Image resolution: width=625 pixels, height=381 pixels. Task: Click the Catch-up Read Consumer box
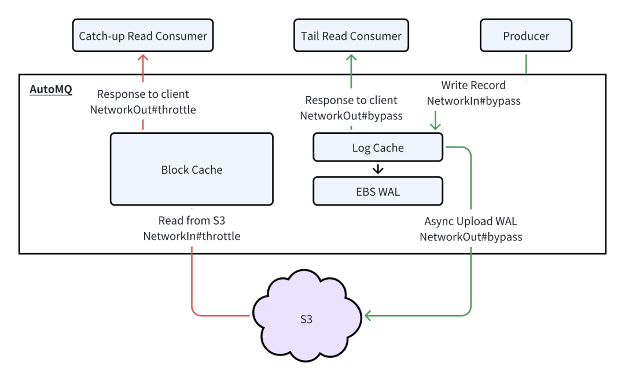coord(143,35)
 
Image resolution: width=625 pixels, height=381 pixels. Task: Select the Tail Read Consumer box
coord(351,35)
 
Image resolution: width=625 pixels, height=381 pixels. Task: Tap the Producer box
coord(526,35)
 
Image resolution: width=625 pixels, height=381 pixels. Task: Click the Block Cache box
coord(192,169)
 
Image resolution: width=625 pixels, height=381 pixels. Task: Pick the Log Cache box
coord(378,147)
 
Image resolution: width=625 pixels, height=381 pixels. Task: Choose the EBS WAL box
coord(378,191)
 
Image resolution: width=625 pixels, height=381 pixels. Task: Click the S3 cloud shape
coord(307,316)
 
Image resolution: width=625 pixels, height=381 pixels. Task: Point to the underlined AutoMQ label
coord(51,89)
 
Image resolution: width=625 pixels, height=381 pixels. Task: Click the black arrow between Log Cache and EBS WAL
coord(378,169)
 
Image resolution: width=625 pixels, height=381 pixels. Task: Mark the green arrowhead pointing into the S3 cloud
coord(368,316)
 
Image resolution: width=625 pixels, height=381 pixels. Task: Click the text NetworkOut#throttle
coord(143,109)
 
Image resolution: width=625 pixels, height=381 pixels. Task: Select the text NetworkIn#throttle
coord(192,236)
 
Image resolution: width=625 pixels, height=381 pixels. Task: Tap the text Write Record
coord(473,85)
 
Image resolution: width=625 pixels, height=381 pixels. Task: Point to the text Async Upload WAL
coord(470,221)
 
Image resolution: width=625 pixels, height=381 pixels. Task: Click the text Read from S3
coord(192,220)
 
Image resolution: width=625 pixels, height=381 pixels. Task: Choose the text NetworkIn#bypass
coord(473,101)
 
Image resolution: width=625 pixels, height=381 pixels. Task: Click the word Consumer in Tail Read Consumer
coord(376,36)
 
